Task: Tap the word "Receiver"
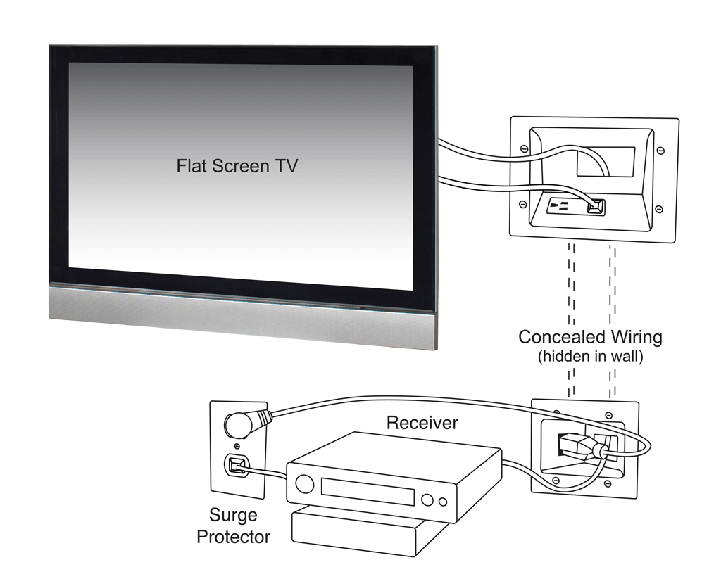pos(422,423)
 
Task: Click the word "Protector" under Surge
pos(233,537)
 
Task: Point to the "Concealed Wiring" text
pos(590,337)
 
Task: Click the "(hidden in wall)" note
pos(590,357)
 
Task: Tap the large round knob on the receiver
pos(305,484)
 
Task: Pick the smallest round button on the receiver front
pos(442,502)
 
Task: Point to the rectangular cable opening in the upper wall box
pos(606,162)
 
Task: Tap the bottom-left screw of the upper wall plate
pos(523,204)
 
